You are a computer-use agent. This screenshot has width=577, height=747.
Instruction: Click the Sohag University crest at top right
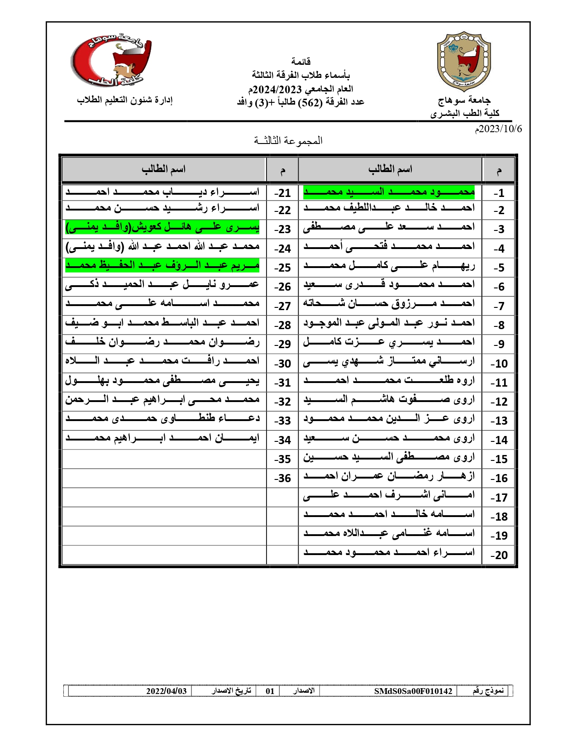point(464,61)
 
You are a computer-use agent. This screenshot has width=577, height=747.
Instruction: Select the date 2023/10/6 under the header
point(498,129)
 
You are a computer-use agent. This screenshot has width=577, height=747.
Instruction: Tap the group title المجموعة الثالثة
point(288,140)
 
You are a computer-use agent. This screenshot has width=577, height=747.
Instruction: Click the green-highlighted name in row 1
point(389,192)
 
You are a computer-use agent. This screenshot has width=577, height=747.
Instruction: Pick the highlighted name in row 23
point(162,227)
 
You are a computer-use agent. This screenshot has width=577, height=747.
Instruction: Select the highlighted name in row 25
point(162,266)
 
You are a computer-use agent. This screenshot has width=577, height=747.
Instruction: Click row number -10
point(499,364)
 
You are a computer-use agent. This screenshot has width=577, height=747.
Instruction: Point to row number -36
point(282,478)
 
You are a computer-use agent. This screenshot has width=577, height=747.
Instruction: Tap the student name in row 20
point(389,553)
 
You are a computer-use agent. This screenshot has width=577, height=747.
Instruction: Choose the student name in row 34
point(162,438)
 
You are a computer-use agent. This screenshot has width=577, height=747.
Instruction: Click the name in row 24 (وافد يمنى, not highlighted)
point(162,247)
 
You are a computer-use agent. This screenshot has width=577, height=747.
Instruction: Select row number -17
point(499,498)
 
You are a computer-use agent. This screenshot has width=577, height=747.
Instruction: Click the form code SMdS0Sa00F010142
point(413,691)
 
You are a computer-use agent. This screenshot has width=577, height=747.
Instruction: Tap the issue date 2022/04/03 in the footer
point(166,691)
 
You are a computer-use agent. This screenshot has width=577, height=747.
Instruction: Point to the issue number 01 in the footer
point(270,691)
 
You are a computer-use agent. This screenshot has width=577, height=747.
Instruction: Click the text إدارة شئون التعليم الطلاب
point(125,100)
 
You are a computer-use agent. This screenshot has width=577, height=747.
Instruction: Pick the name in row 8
point(389,323)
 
